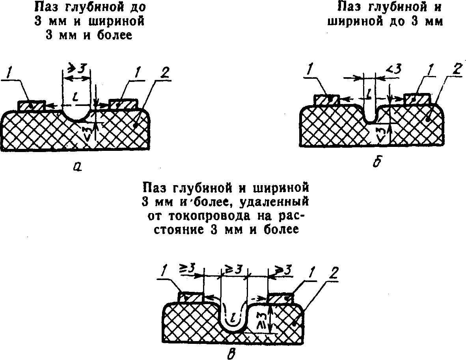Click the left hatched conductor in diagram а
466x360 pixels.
point(32,106)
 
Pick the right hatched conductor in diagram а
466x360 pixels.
point(123,104)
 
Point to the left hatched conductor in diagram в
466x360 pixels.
point(192,297)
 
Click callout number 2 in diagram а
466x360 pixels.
point(165,73)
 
